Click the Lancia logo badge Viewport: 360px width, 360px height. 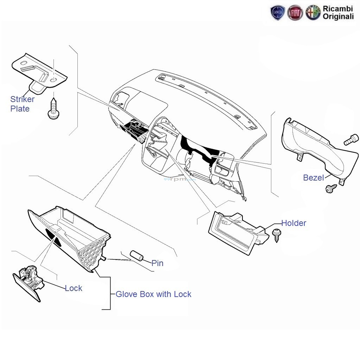pos(277,13)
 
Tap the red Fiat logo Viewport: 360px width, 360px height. pos(295,13)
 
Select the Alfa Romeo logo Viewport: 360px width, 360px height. pos(312,13)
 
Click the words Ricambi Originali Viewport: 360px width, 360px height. pos(338,13)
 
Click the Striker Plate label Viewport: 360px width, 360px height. pos(22,104)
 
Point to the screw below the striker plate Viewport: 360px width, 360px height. pos(53,109)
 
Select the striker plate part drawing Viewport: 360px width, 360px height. pos(39,72)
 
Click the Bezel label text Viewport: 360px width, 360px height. pos(313,178)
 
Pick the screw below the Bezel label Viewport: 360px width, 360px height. pos(330,189)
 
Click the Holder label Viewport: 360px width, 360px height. pos(293,223)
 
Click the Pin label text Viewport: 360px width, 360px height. pos(157,263)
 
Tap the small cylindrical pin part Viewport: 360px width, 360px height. pos(136,256)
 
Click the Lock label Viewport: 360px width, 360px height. pos(74,288)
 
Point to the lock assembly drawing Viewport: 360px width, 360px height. pos(29,283)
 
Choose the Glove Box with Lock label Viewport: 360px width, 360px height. pos(153,294)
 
